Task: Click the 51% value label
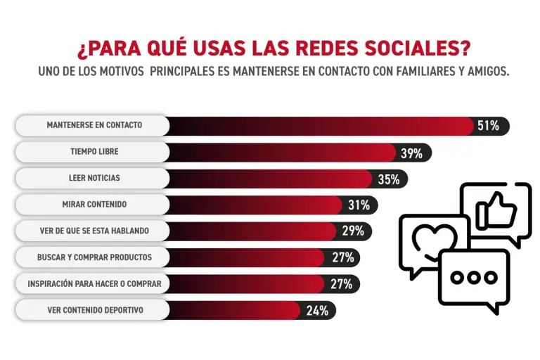click(x=488, y=126)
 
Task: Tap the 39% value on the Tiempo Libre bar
click(x=411, y=153)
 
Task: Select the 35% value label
click(x=388, y=179)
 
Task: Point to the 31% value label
click(x=359, y=205)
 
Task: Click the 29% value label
click(x=352, y=231)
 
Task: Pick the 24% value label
click(x=317, y=310)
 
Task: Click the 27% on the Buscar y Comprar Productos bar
click(x=342, y=257)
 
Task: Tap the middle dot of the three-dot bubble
click(x=473, y=277)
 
